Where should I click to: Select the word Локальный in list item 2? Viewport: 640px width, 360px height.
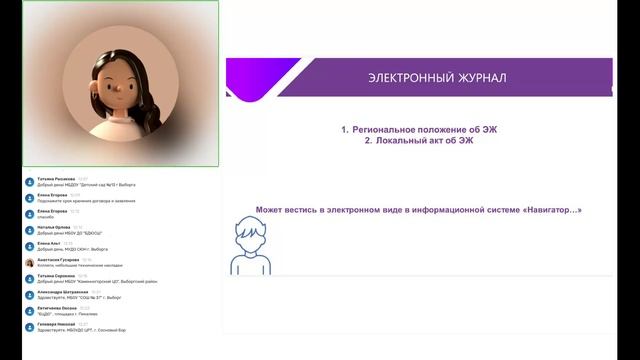click(x=402, y=141)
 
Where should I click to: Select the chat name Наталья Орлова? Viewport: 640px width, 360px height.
click(x=52, y=227)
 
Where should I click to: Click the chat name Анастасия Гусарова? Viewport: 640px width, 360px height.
click(x=58, y=260)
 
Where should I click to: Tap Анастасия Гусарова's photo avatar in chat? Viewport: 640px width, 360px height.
click(x=28, y=262)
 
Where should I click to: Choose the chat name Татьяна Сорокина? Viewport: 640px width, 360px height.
click(x=56, y=276)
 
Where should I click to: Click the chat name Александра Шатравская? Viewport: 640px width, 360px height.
click(x=61, y=292)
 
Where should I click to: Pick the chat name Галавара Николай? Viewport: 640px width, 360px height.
click(x=56, y=324)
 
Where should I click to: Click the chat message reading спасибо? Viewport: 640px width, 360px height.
click(x=46, y=217)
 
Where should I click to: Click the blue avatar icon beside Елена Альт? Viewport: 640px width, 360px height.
click(x=28, y=246)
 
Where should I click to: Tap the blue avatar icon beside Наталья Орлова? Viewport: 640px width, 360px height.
click(x=28, y=230)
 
